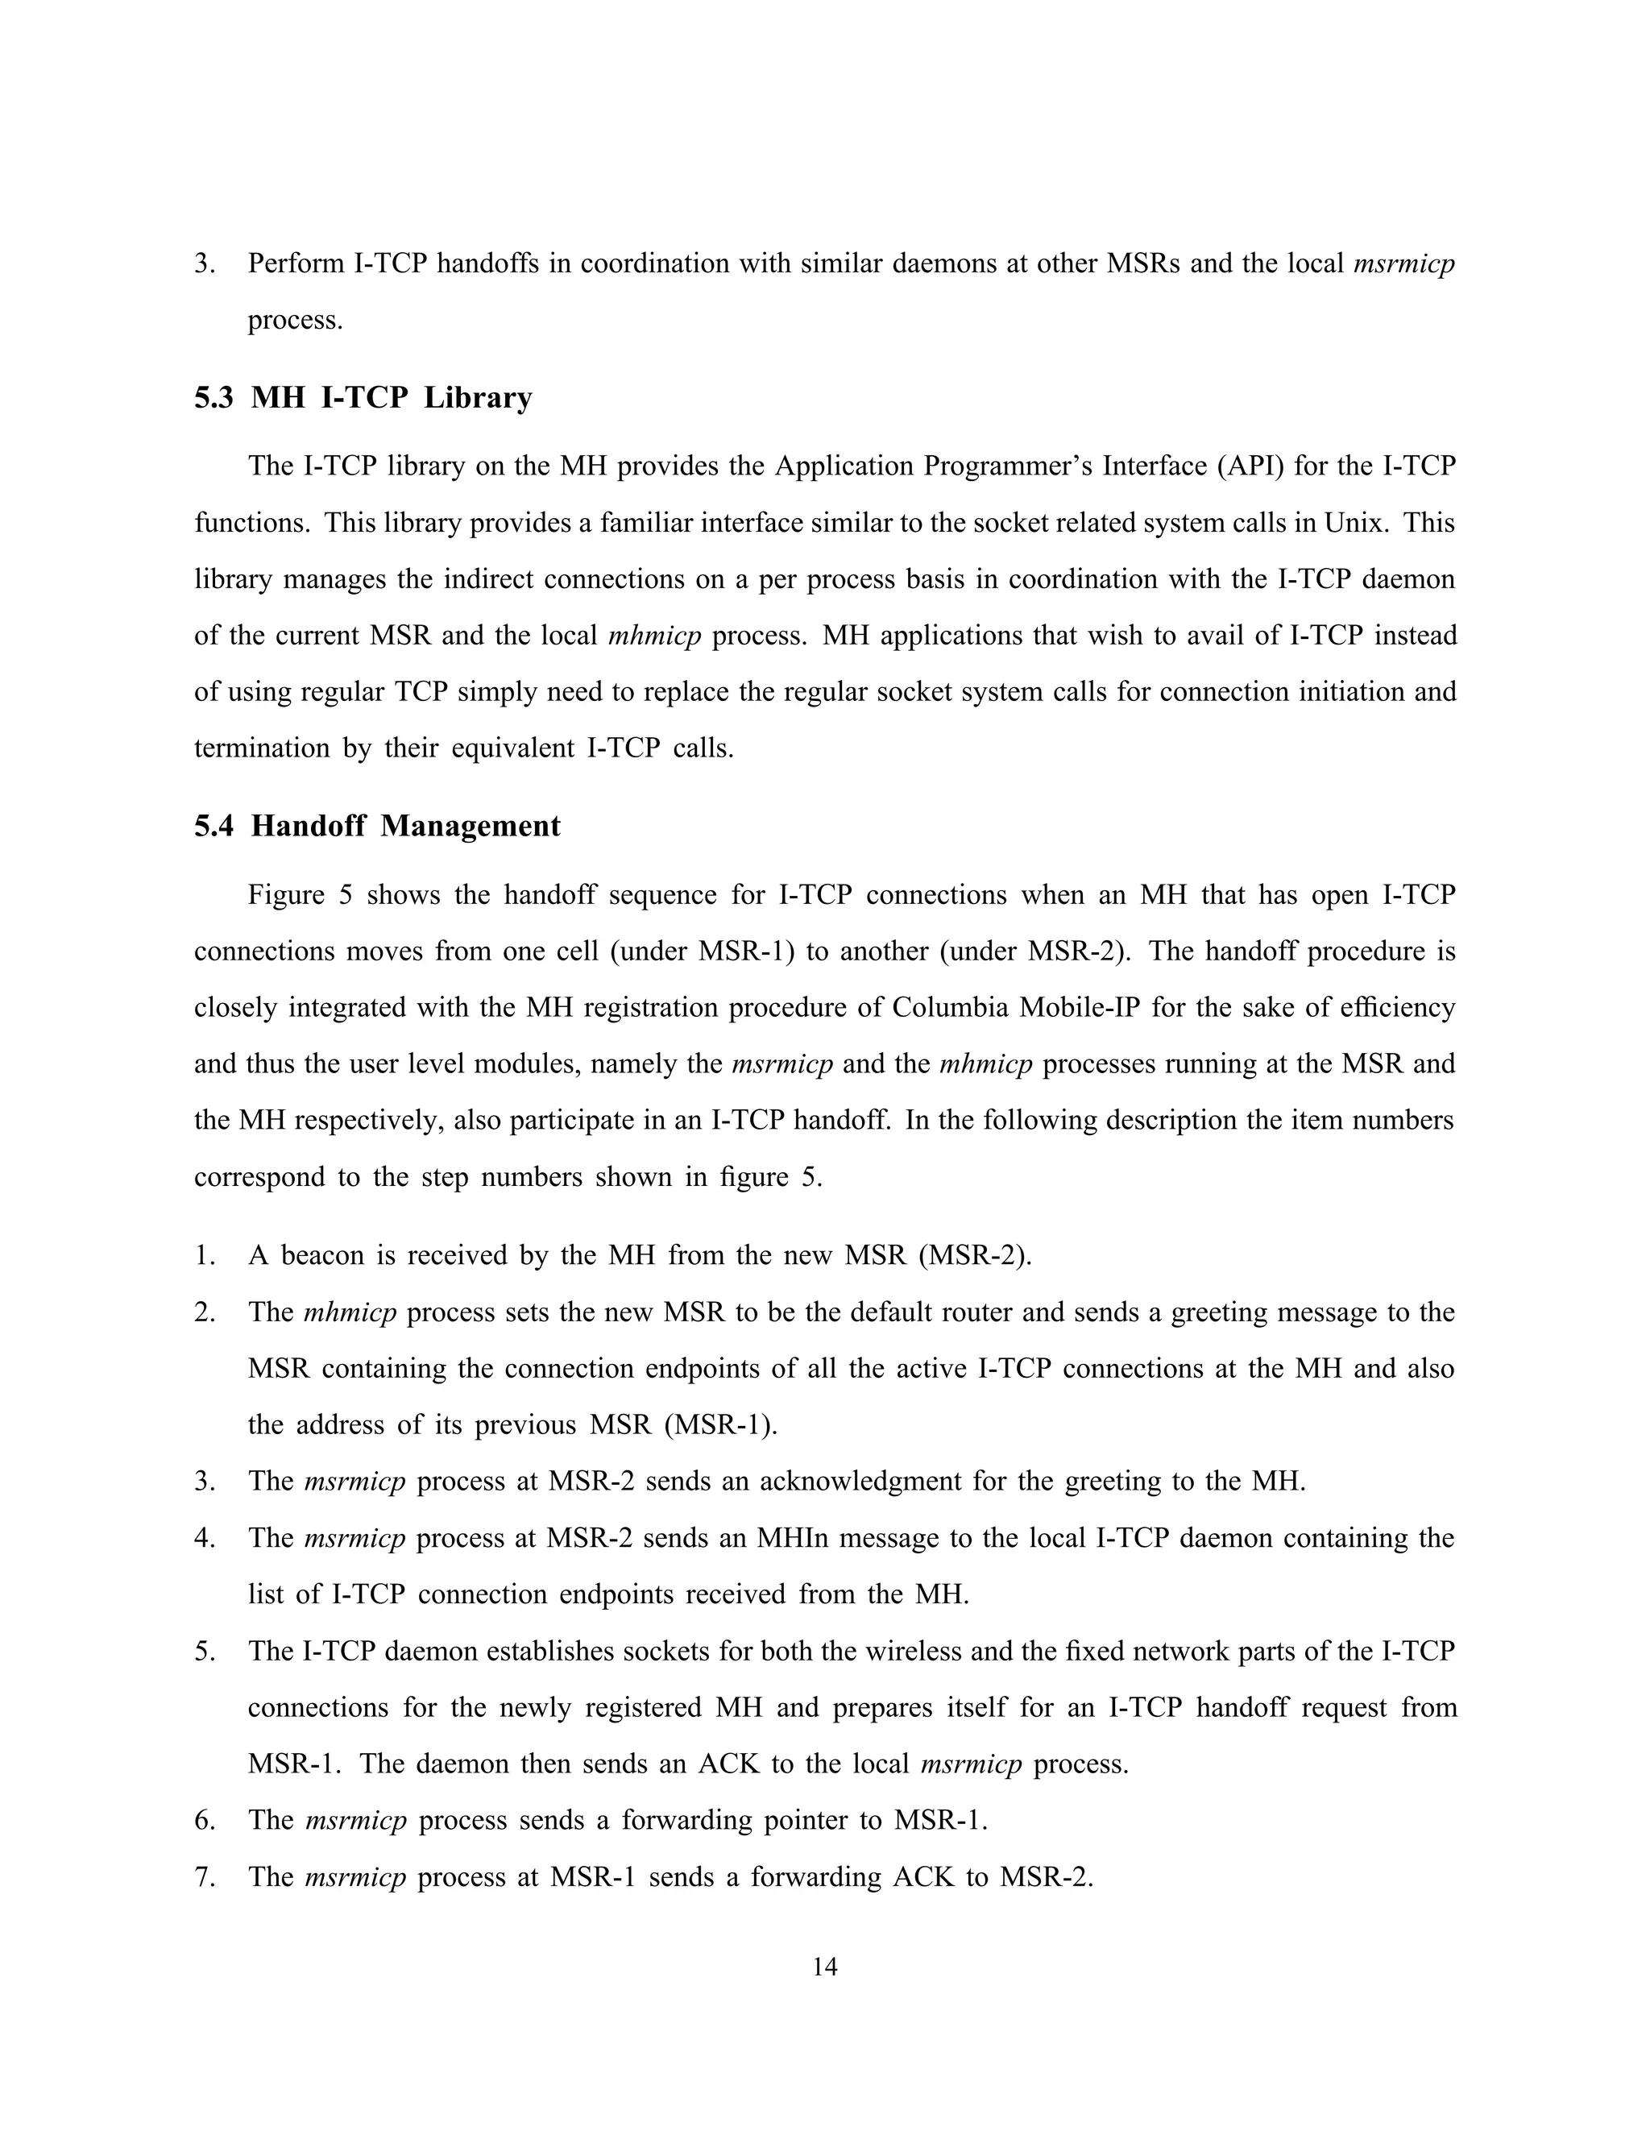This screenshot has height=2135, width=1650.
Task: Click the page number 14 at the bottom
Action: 824,1966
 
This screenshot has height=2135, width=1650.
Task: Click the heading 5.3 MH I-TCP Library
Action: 363,398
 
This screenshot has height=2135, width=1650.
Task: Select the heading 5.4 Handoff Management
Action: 377,826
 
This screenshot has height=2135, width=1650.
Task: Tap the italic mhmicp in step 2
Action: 350,1312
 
